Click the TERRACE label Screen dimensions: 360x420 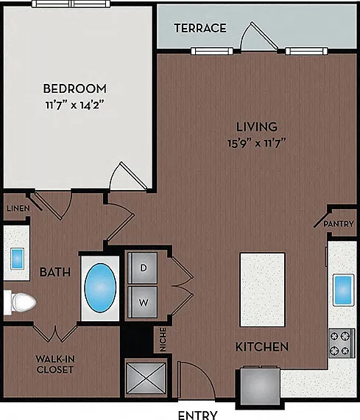[x=200, y=28]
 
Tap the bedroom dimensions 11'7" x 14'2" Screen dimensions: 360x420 [x=74, y=105]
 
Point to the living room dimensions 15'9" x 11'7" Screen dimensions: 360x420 [x=257, y=143]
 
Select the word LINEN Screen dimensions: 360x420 [x=18, y=209]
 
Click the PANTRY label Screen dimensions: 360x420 [x=339, y=224]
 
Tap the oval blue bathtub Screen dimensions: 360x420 [x=100, y=287]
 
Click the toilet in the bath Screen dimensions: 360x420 [x=20, y=302]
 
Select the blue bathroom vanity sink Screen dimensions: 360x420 [x=17, y=259]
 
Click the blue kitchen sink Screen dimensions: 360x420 [x=343, y=290]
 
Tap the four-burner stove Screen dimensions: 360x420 [x=342, y=343]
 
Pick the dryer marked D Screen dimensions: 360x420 [x=142, y=268]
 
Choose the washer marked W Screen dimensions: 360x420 [x=142, y=302]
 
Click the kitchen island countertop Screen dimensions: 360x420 [x=262, y=290]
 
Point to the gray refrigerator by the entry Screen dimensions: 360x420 [x=260, y=387]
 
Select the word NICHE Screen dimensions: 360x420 [x=163, y=340]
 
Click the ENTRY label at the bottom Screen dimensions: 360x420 [x=197, y=415]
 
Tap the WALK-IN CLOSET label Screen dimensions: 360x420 [x=55, y=364]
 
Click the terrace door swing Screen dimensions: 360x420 [x=259, y=36]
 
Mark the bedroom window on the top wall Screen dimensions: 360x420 [x=71, y=4]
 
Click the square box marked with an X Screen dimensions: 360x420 [x=147, y=378]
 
